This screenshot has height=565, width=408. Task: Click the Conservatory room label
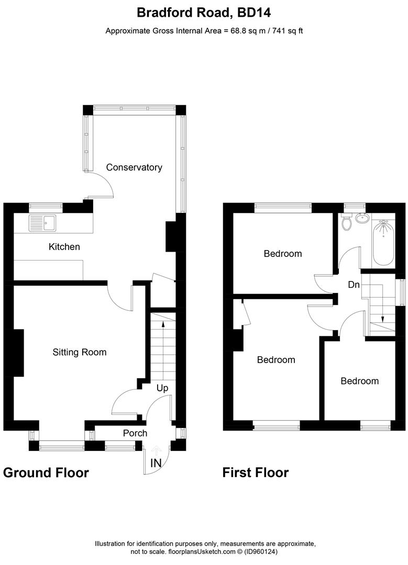pyautogui.click(x=134, y=167)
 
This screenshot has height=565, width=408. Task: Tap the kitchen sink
pyautogui.click(x=42, y=223)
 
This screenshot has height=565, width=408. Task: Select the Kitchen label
pyautogui.click(x=64, y=247)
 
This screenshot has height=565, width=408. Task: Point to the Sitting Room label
pyautogui.click(x=80, y=352)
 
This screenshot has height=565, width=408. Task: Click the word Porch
pyautogui.click(x=135, y=433)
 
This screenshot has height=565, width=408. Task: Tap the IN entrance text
pyautogui.click(x=156, y=463)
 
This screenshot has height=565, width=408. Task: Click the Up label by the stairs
pyautogui.click(x=162, y=388)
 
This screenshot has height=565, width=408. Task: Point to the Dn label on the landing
pyautogui.click(x=354, y=285)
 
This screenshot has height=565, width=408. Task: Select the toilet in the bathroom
pyautogui.click(x=347, y=221)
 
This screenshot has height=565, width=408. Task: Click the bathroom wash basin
pyautogui.click(x=362, y=218)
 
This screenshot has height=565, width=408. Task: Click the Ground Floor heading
pyautogui.click(x=46, y=473)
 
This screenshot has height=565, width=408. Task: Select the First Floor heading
pyautogui.click(x=256, y=473)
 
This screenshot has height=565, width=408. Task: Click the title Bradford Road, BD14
pyautogui.click(x=204, y=13)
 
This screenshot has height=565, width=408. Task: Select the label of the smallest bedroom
pyautogui.click(x=360, y=381)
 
